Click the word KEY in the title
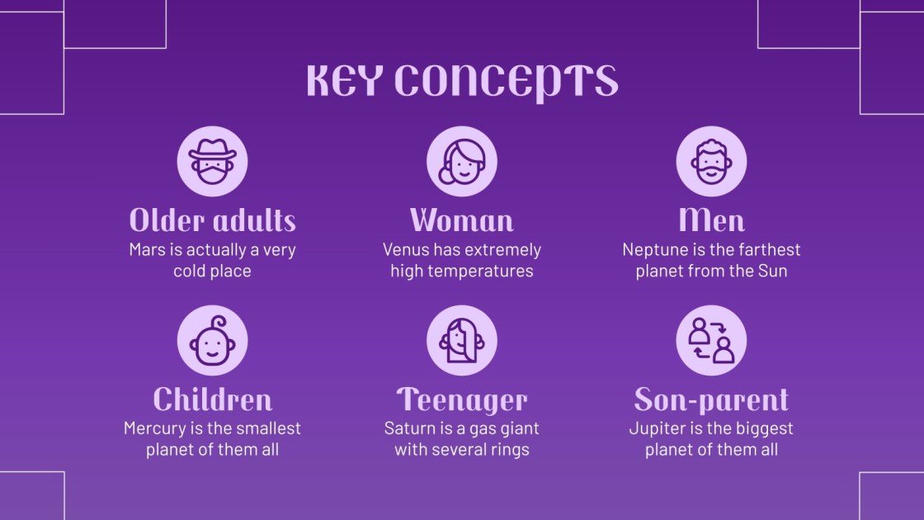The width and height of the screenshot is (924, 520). (345, 80)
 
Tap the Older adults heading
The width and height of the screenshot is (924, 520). (212, 220)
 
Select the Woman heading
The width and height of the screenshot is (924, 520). (461, 220)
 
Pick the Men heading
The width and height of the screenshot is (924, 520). (711, 220)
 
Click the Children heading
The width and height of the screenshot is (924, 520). (212, 400)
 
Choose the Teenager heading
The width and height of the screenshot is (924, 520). (461, 400)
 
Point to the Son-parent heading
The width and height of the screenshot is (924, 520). (711, 400)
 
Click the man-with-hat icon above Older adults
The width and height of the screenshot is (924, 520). (212, 161)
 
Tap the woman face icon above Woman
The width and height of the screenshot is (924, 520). (461, 161)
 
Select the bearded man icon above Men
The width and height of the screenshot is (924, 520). (711, 161)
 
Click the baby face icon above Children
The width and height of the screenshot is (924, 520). (212, 340)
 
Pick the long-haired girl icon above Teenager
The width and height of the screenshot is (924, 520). (461, 340)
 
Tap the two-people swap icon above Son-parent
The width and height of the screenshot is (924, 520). (711, 340)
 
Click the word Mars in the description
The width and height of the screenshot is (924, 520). (148, 249)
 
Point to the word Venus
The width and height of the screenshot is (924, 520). (405, 249)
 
